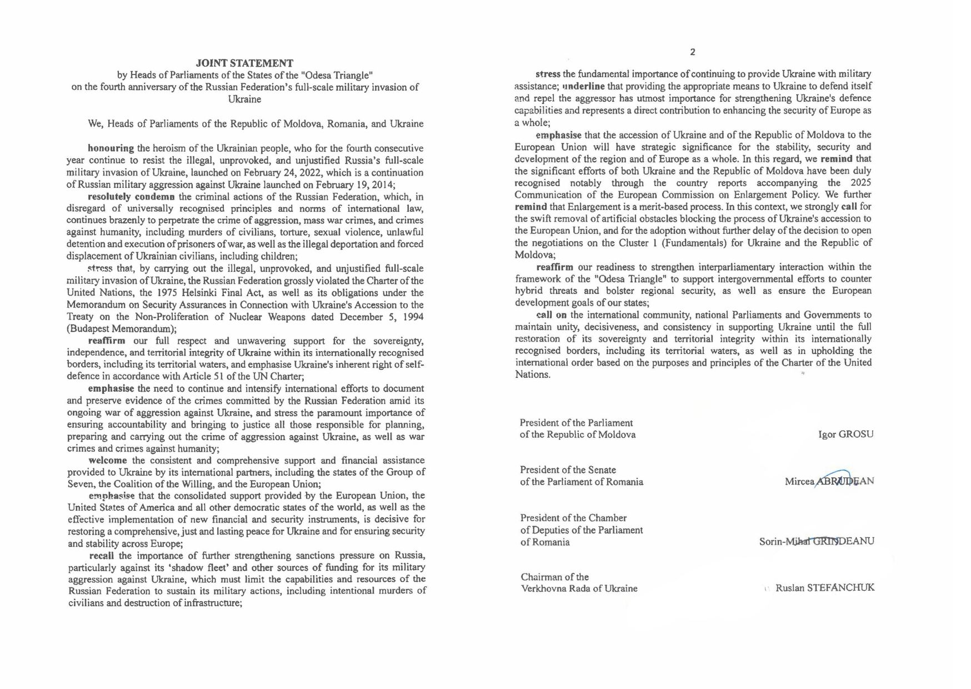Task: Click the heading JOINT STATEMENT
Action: pos(244,63)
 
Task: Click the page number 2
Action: pos(692,52)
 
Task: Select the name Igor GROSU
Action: pos(845,435)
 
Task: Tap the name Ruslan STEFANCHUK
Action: pos(824,588)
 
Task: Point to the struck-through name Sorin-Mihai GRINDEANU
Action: pos(817,541)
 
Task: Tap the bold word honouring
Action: pos(111,148)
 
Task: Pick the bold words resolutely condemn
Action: pos(132,197)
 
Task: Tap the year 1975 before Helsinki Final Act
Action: pos(167,293)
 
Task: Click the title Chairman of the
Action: pos(554,577)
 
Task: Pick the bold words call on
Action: pos(551,315)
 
